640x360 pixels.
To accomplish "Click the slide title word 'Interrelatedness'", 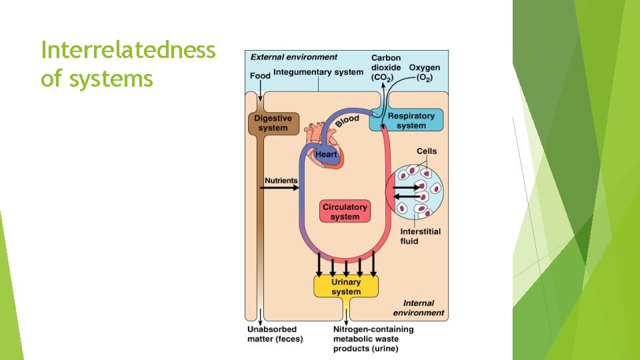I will [x=128, y=49].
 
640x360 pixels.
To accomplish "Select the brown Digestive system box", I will [x=273, y=123].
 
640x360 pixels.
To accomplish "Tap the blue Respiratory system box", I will [x=411, y=121].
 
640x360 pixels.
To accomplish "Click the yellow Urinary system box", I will [x=346, y=287].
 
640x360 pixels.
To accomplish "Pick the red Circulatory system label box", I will [x=345, y=212].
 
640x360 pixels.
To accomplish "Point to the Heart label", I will [x=326, y=155].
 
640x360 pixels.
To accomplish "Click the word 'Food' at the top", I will [x=260, y=75].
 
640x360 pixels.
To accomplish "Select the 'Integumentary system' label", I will [x=318, y=72].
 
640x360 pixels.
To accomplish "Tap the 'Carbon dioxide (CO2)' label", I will [x=386, y=68].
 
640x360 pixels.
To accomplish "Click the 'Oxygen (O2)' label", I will [x=424, y=73].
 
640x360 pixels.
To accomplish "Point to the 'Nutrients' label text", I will [x=281, y=180].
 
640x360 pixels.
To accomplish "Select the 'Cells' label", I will [x=427, y=151].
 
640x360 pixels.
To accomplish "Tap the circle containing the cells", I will [x=418, y=192].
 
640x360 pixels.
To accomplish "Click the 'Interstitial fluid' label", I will [x=420, y=236].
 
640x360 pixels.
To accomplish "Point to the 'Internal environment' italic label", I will [x=418, y=307].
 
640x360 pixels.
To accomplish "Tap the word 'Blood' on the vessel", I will [x=347, y=121].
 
